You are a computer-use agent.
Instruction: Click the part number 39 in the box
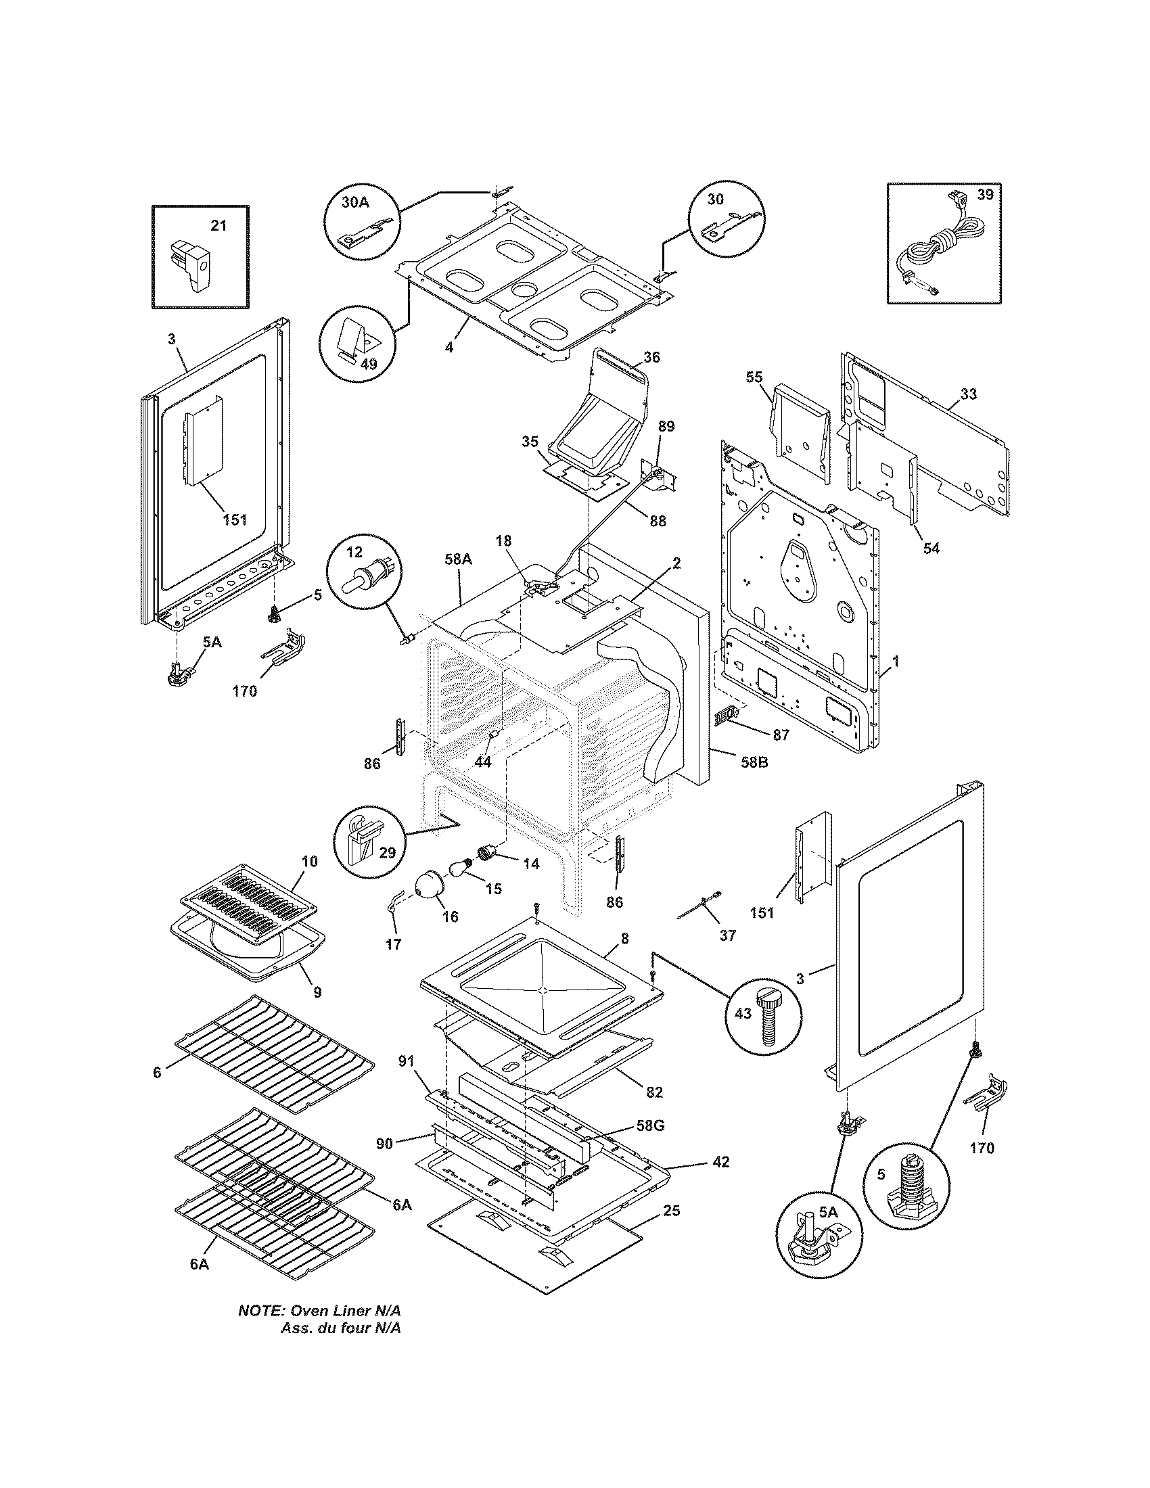coord(986,195)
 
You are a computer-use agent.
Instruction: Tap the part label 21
coord(218,225)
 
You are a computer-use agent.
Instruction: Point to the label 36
coord(651,357)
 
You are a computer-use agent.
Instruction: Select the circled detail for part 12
coord(365,571)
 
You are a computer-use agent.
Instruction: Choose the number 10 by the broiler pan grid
coord(309,861)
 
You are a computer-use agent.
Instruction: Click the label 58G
coord(649,1125)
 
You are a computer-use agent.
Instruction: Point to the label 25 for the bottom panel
coord(671,1211)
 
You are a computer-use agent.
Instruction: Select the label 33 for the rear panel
coord(968,394)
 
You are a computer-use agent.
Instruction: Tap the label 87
coord(781,735)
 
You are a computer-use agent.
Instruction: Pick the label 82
coord(654,1092)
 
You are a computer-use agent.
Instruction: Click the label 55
coord(754,377)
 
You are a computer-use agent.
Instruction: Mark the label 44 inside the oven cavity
coord(482,762)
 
